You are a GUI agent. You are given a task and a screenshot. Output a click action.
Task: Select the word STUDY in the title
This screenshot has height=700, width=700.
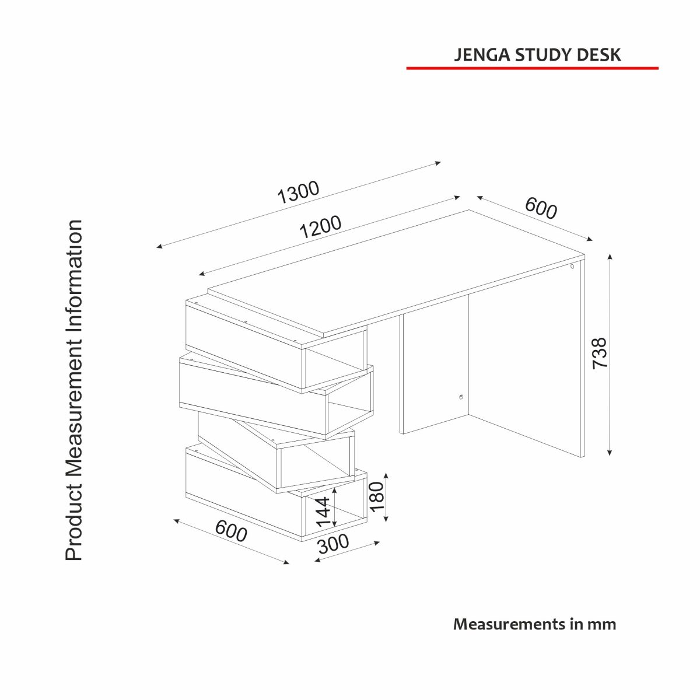pyautogui.click(x=539, y=55)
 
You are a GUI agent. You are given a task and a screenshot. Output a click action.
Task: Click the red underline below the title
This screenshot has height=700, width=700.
pyautogui.click(x=532, y=68)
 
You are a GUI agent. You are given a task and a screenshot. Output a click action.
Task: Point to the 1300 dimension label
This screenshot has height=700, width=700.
pyautogui.click(x=298, y=192)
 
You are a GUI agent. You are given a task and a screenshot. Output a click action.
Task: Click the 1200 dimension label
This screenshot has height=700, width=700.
pyautogui.click(x=320, y=227)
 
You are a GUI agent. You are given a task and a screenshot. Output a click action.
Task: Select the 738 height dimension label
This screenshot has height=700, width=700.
pyautogui.click(x=600, y=353)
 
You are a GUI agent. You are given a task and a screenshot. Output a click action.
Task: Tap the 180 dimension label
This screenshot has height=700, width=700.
pyautogui.click(x=377, y=496)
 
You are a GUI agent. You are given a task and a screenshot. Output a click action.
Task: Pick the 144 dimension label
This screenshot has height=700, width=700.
pyautogui.click(x=323, y=512)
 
